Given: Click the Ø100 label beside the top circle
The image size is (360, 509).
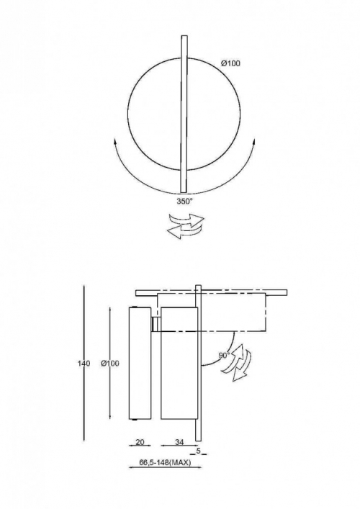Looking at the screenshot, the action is [231, 63].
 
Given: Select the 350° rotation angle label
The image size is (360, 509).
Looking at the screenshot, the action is [185, 202].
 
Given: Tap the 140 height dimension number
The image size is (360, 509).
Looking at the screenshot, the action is [84, 364].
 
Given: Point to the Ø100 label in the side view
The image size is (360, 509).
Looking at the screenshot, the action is [110, 364].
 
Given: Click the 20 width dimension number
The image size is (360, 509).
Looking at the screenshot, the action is [140, 442].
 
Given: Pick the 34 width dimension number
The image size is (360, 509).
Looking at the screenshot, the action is [179, 442].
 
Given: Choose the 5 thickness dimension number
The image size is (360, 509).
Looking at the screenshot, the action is [199, 451].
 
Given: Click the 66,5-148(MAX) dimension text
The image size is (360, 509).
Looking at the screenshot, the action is [165, 463].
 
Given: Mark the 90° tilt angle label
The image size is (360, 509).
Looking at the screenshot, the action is [224, 356].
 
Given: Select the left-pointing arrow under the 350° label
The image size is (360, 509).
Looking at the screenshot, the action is [185, 230].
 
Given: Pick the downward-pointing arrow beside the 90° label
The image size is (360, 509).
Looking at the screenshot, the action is [242, 367].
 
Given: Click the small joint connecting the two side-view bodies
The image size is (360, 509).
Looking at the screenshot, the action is [156, 324].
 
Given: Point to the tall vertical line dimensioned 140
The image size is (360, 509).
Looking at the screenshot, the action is [84, 364].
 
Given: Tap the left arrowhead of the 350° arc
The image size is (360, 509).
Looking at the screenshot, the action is [114, 142].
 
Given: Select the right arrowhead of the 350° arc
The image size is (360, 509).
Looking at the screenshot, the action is [254, 142].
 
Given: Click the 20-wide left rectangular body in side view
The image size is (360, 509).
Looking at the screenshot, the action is [140, 364].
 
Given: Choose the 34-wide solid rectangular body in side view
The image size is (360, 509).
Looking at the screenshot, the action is [179, 363].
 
